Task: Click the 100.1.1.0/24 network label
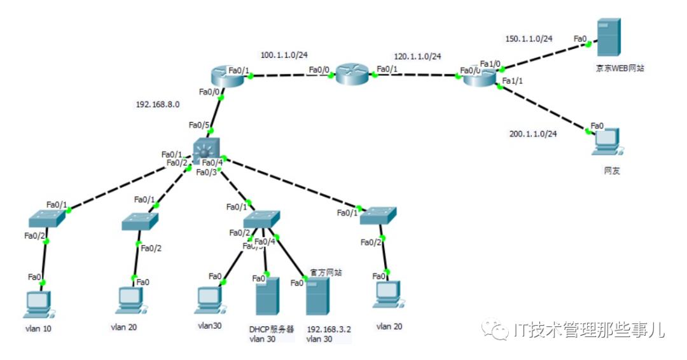288,55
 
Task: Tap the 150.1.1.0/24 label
529,39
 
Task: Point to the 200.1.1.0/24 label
533,134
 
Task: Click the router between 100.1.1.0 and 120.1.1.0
352,74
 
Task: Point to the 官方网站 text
326,272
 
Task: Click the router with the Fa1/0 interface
480,77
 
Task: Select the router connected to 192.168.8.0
224,76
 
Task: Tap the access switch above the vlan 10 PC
46,219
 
